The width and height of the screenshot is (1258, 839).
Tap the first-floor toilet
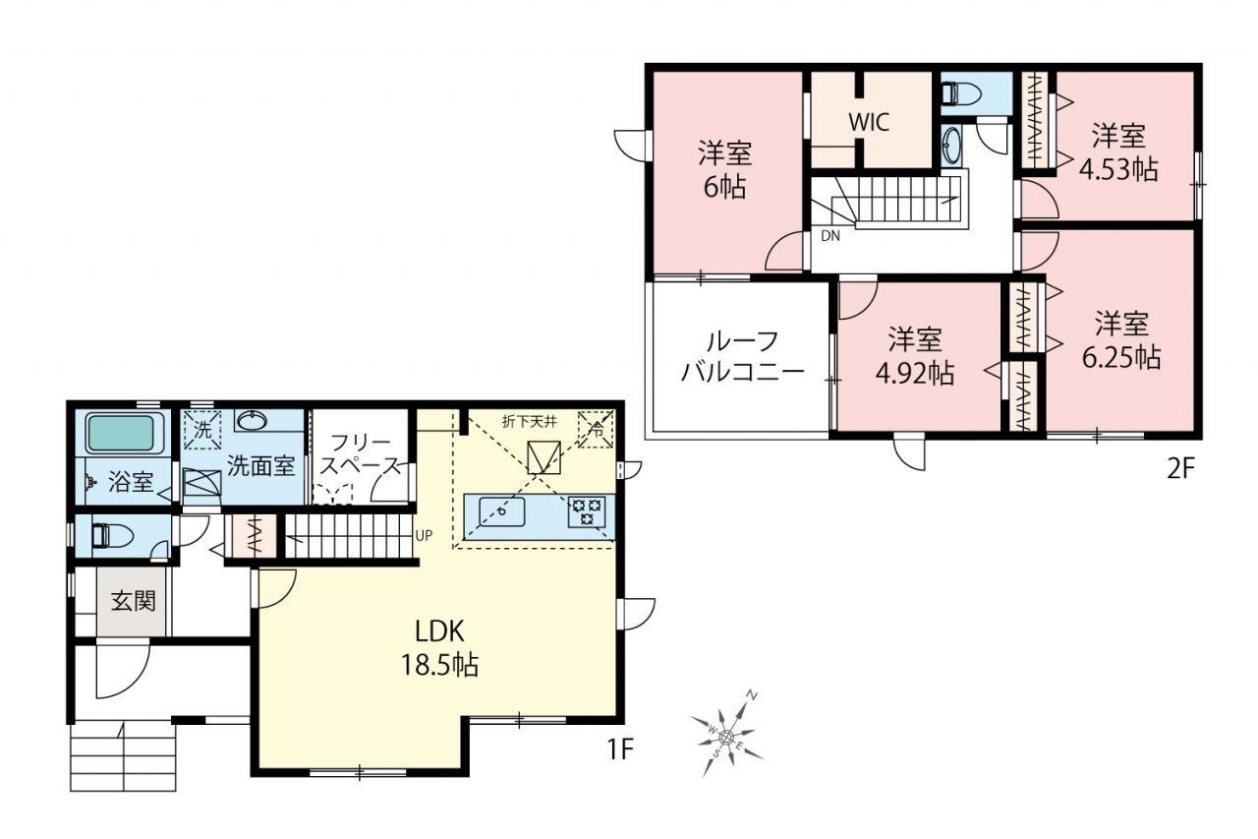click(x=112, y=535)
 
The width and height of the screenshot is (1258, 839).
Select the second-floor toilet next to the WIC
click(x=961, y=93)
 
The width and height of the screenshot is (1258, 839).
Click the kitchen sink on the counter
click(x=501, y=511)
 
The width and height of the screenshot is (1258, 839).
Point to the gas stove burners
click(x=587, y=510)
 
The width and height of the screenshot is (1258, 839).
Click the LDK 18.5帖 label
click(x=439, y=648)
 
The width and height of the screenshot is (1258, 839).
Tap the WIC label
click(x=869, y=122)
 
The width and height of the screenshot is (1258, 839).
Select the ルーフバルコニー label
click(x=742, y=356)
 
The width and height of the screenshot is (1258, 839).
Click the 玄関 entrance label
click(x=133, y=601)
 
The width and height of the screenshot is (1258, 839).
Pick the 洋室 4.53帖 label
click(x=1118, y=151)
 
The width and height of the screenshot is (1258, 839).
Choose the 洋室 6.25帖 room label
click(x=1121, y=339)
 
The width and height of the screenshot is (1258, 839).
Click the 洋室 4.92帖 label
click(x=915, y=356)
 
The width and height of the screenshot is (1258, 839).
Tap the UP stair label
click(x=424, y=535)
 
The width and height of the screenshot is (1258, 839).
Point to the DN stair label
click(x=830, y=236)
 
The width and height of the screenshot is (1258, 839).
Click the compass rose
click(x=726, y=735)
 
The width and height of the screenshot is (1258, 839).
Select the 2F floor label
click(x=1181, y=469)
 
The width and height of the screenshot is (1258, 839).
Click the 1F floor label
click(x=620, y=749)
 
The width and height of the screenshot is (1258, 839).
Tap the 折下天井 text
click(x=529, y=421)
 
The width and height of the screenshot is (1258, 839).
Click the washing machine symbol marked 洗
click(x=202, y=431)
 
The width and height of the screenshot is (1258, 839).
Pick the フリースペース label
click(x=360, y=454)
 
